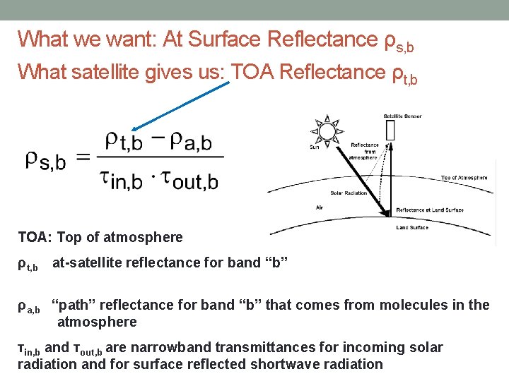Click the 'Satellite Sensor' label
[402, 116]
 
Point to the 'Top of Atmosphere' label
[464, 178]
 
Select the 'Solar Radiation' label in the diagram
[349, 193]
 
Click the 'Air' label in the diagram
[320, 207]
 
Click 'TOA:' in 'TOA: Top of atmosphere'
[33, 238]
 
